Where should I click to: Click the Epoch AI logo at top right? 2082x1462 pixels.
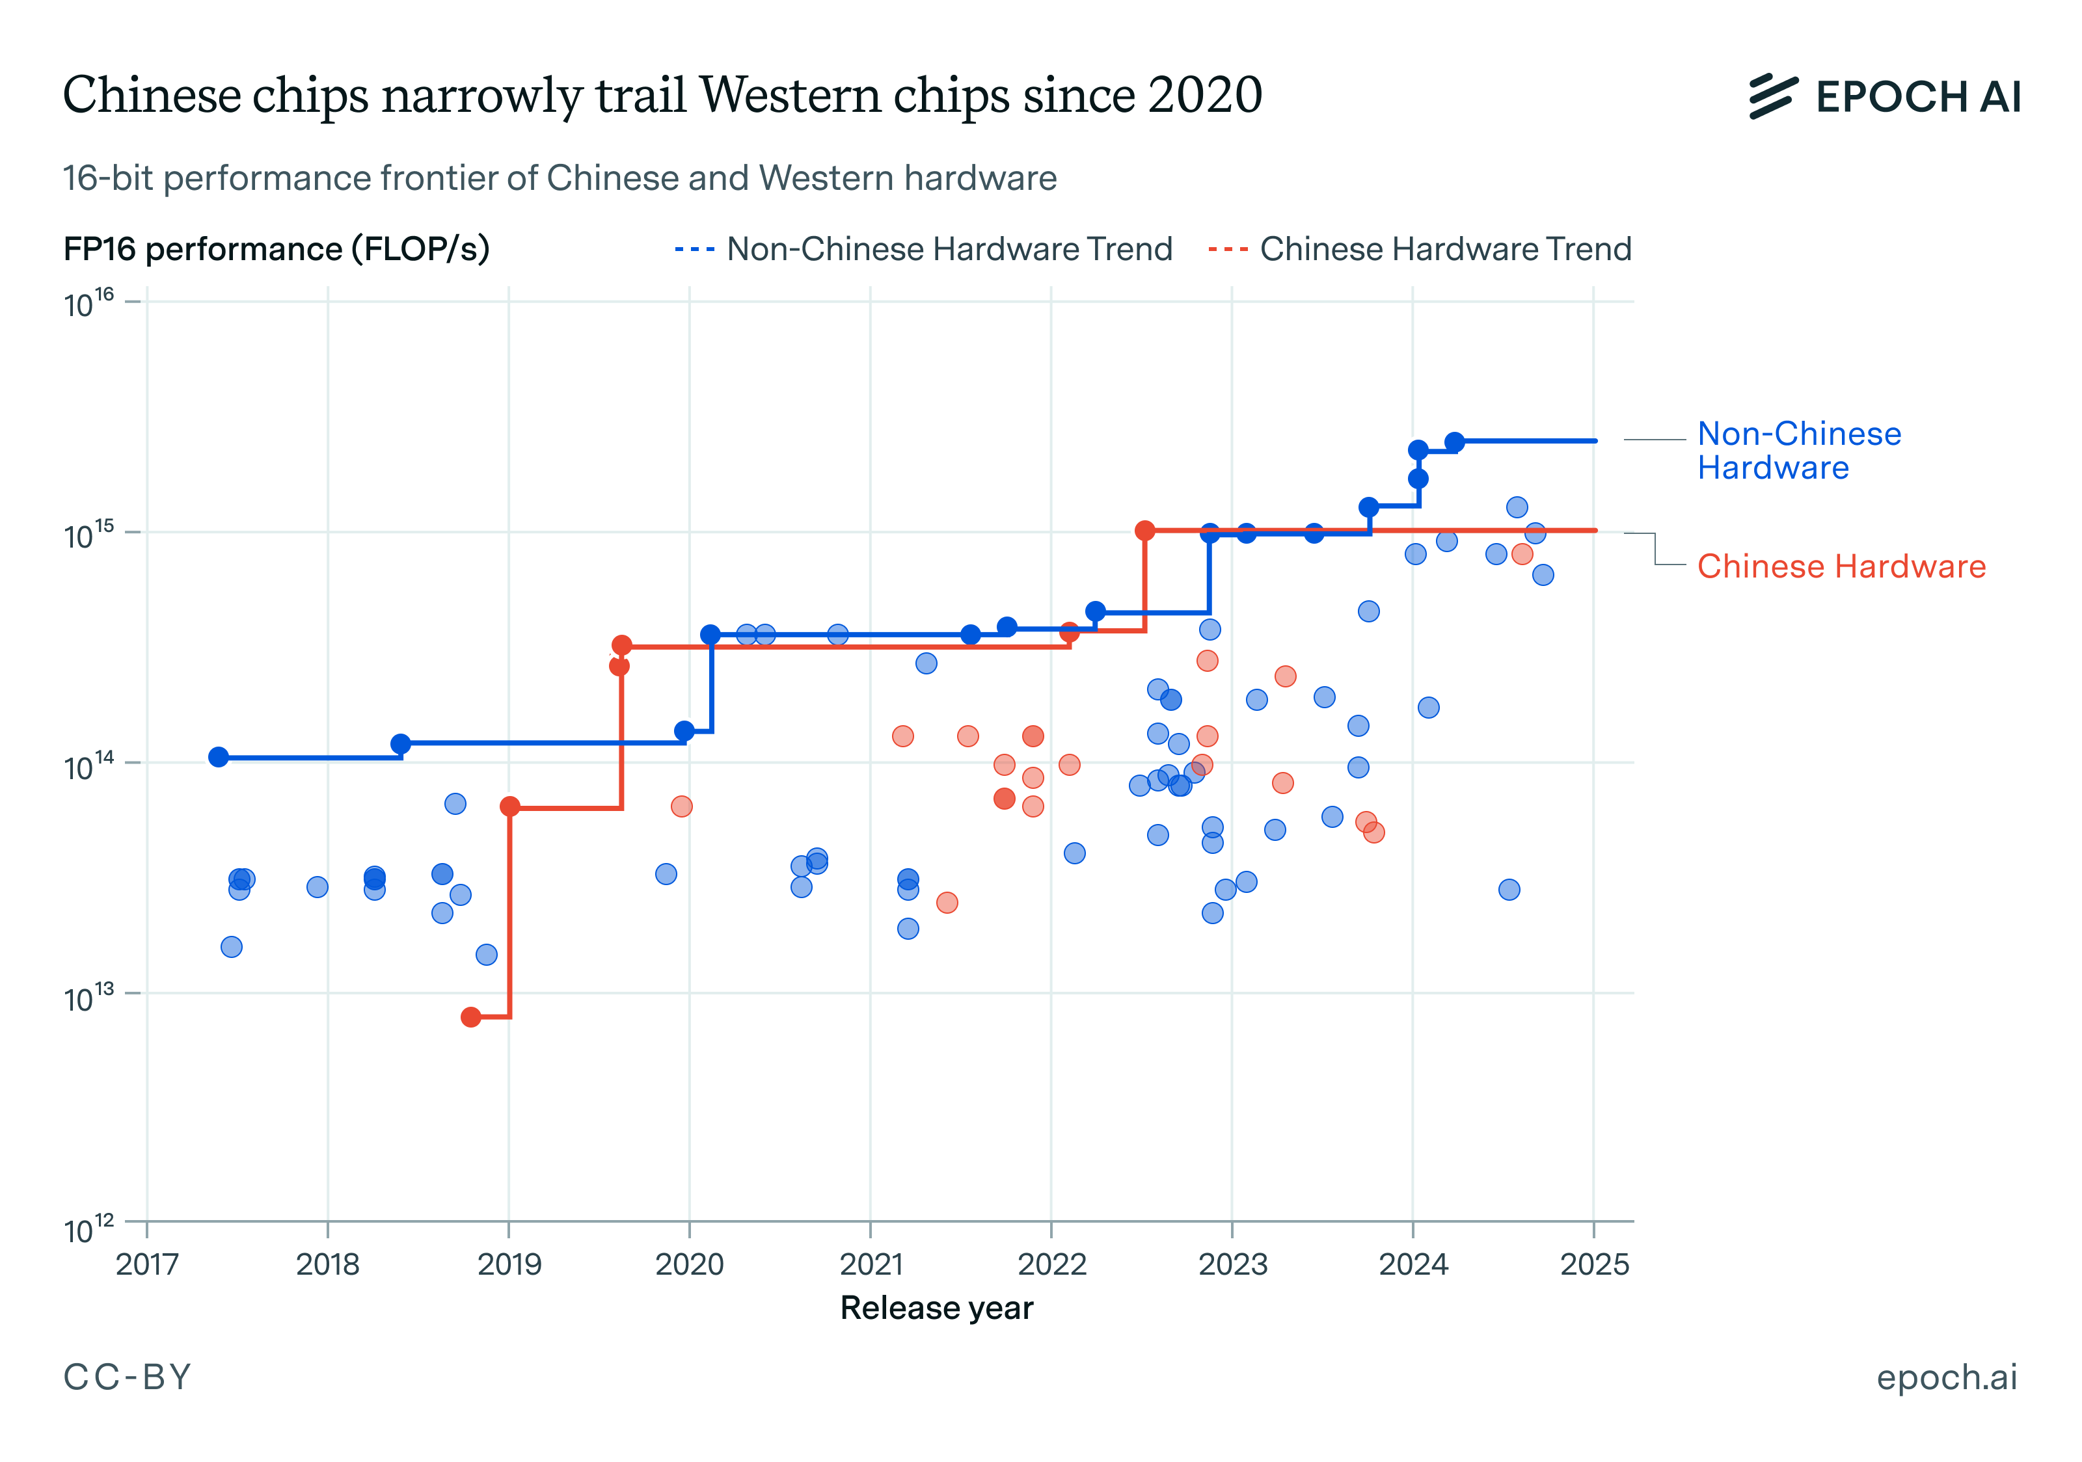(1884, 96)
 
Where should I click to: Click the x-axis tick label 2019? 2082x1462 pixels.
(509, 1264)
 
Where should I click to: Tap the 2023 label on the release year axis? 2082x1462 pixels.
(1232, 1264)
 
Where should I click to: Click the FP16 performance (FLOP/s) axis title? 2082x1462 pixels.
(277, 249)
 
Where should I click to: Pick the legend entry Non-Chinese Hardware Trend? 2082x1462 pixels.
(923, 249)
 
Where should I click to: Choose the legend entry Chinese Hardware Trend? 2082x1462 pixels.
(1420, 249)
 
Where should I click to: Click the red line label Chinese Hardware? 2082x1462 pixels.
(1841, 566)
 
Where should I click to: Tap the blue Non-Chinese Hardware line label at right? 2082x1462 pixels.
(1798, 451)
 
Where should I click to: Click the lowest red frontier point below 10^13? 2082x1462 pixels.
(470, 1017)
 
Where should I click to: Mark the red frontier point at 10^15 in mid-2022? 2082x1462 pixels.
(1145, 530)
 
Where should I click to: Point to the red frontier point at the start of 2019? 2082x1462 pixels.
(509, 806)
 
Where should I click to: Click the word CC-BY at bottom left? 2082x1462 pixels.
(127, 1377)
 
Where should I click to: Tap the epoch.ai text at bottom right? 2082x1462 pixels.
(1946, 1377)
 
